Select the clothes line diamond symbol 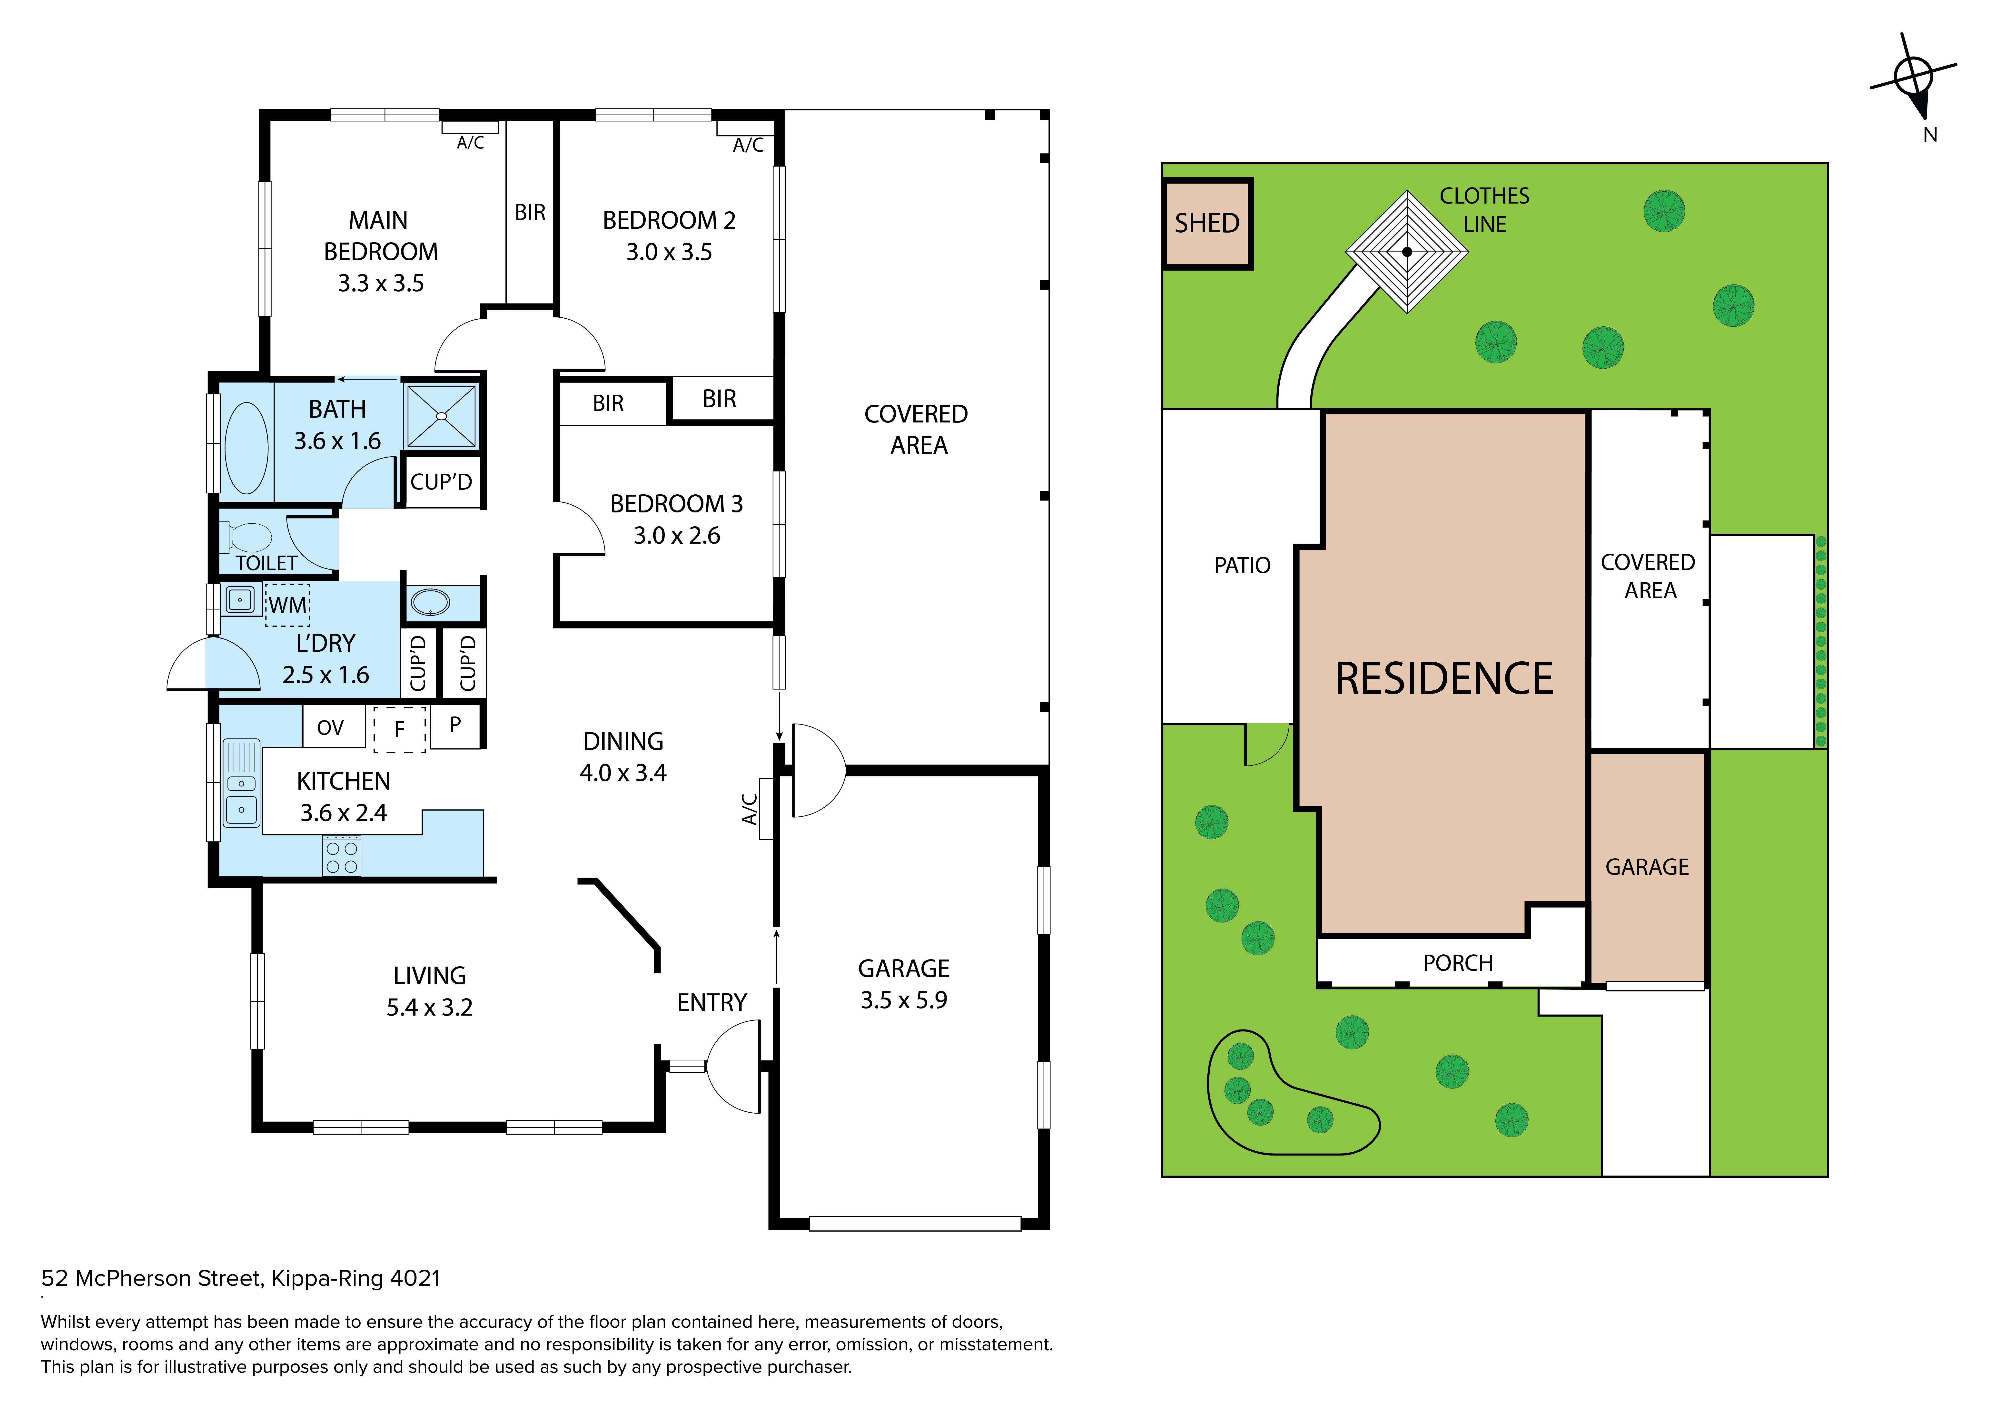(1407, 252)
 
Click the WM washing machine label (288, 605)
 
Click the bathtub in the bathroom (246, 448)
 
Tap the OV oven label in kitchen (330, 728)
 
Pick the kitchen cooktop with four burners (341, 856)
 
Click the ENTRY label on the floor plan (712, 1002)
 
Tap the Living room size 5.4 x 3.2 (429, 1007)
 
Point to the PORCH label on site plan (1458, 963)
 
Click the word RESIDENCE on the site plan (1444, 679)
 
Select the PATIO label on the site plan (1242, 566)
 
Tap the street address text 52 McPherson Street (151, 1278)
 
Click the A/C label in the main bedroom (470, 143)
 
